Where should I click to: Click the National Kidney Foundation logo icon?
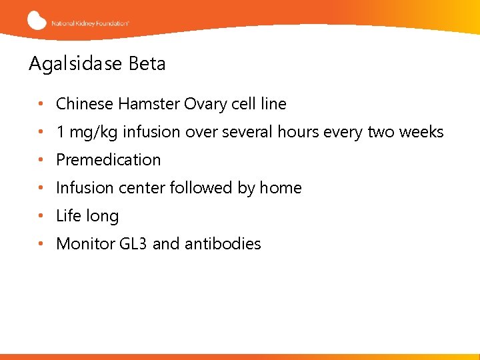coord(37,20)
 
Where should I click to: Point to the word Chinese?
coord(85,104)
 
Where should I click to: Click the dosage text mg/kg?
coord(91,133)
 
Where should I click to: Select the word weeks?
coord(421,132)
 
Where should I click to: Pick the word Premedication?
coord(109,160)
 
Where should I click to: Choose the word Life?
coord(69,216)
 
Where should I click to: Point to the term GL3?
coord(134,244)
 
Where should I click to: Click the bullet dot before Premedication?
coord(41,160)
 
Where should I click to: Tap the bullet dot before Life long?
coord(41,216)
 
